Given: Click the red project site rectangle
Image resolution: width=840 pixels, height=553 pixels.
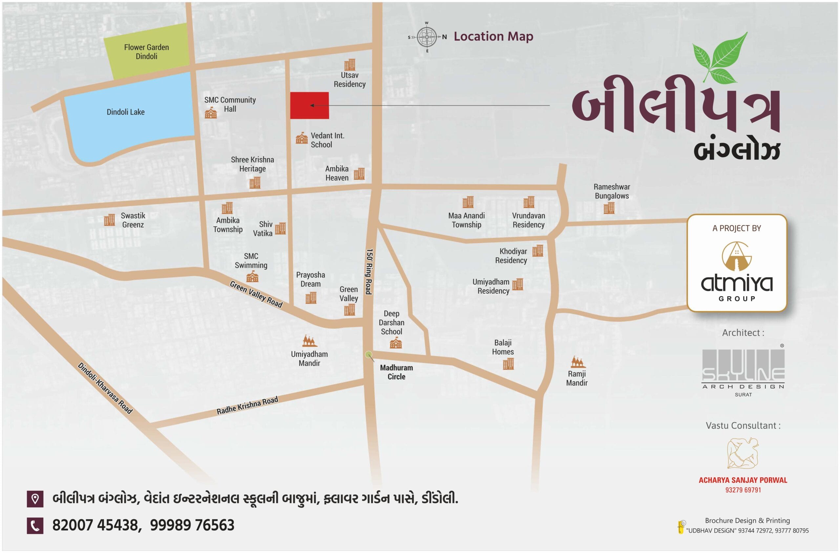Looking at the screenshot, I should pyautogui.click(x=309, y=105).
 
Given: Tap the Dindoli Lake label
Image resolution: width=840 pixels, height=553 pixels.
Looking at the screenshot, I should pyautogui.click(x=126, y=112).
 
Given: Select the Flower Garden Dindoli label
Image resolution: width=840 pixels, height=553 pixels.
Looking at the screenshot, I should pyautogui.click(x=146, y=51).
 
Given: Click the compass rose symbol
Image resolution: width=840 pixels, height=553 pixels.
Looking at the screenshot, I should pyautogui.click(x=427, y=37).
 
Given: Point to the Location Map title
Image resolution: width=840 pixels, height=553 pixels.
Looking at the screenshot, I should pyautogui.click(x=493, y=36).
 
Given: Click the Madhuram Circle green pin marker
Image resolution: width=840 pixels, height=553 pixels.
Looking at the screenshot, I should pyautogui.click(x=368, y=354).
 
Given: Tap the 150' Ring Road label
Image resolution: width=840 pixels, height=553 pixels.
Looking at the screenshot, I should pyautogui.click(x=369, y=271).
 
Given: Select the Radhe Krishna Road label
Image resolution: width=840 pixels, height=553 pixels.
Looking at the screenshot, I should pyautogui.click(x=247, y=405).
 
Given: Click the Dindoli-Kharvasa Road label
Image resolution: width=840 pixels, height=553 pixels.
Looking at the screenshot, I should pyautogui.click(x=105, y=388).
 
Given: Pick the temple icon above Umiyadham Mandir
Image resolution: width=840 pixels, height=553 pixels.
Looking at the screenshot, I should pyautogui.click(x=309, y=341).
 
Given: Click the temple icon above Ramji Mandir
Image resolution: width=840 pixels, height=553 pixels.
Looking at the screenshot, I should pyautogui.click(x=578, y=362).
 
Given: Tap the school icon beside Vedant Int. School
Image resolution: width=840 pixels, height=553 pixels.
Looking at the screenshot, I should pyautogui.click(x=302, y=138).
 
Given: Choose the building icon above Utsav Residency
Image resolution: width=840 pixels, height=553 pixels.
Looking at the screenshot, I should pyautogui.click(x=350, y=65).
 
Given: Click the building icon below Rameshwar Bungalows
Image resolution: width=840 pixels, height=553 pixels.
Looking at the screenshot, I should pyautogui.click(x=609, y=208).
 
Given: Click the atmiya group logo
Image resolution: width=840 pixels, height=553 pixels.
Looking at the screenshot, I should pyautogui.click(x=737, y=271).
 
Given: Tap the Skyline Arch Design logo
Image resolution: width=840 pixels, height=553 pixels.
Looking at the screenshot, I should pyautogui.click(x=743, y=368).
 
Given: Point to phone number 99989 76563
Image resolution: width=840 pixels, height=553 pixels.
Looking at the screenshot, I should pyautogui.click(x=192, y=525).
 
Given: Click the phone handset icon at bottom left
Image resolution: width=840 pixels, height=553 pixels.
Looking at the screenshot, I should pyautogui.click(x=35, y=526).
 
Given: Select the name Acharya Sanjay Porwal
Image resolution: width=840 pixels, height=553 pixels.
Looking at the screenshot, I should pyautogui.click(x=743, y=480).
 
